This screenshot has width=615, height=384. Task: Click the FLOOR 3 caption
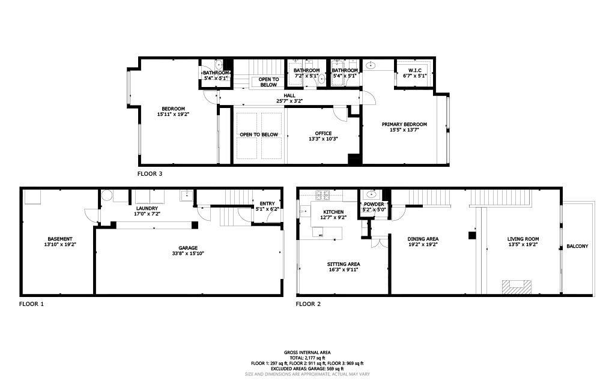coord(150,174)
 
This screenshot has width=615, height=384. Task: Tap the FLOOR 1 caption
coord(31,304)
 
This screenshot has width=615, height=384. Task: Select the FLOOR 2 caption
coord(308,304)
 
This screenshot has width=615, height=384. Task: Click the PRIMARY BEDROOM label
coord(404,124)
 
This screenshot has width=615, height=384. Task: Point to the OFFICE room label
coord(323,134)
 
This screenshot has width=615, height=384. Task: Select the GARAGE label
coord(188,248)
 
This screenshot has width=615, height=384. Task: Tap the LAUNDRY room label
coord(147,208)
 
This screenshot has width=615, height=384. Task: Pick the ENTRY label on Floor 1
coord(267,203)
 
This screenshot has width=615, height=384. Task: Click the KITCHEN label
coord(333,212)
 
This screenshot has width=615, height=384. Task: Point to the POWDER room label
coord(374,204)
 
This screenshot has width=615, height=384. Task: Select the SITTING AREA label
coord(344,264)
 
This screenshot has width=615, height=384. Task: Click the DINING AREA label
coord(423,239)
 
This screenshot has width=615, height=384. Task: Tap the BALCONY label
coord(577,246)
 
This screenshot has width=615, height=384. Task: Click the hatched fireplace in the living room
coord(517,287)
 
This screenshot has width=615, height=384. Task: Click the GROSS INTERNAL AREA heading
coord(307,353)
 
